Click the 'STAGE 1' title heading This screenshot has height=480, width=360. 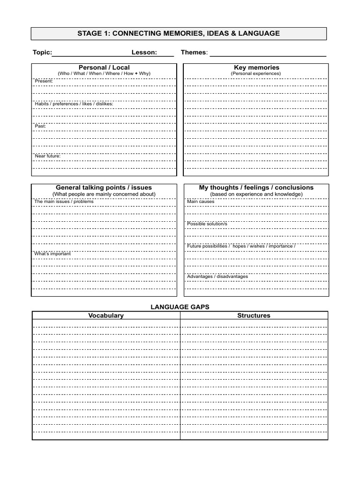coord(179,33)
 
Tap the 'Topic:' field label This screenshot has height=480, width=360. coord(42,52)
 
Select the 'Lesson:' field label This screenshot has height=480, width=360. coord(144,52)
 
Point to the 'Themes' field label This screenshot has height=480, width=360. coord(194,52)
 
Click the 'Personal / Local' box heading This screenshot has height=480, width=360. coord(104,67)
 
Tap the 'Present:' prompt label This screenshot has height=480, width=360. coord(44,81)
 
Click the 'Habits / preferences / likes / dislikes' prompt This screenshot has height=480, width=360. coord(74,104)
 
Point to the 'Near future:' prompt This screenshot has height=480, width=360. coord(47,156)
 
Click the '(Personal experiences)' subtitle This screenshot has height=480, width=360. coord(255,74)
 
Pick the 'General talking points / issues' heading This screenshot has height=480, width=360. coord(104,187)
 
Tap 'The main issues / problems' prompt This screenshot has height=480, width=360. coord(64,202)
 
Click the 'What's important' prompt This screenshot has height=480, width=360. coord(52,254)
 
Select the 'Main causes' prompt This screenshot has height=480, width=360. coord(201,202)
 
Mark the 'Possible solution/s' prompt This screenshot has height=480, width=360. coord(207,224)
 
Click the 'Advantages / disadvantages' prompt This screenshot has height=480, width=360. coord(217,277)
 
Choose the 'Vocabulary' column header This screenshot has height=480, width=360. coord(106,315)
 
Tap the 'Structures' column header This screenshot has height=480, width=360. coord(254,315)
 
